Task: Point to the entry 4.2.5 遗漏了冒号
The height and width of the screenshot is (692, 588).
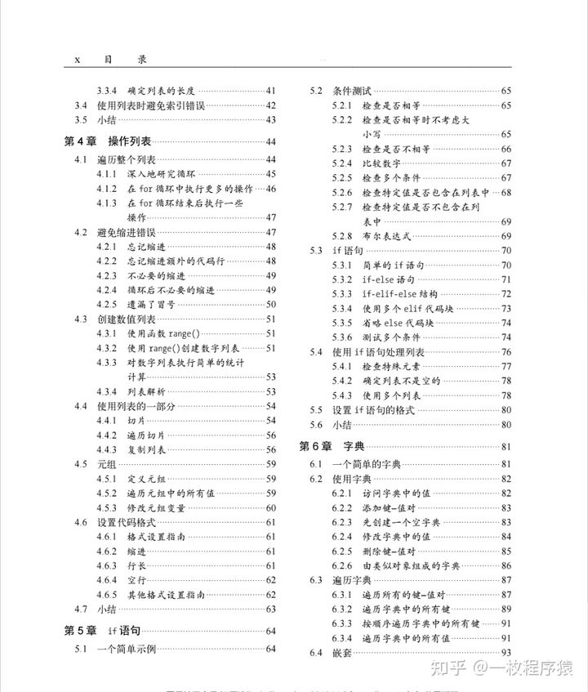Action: tap(151, 303)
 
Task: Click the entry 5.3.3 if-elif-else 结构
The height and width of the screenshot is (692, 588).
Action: tap(399, 293)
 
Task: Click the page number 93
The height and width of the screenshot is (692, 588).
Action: tap(506, 653)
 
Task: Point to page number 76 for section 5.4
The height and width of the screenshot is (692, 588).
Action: tap(506, 351)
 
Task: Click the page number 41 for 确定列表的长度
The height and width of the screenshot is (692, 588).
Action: tap(271, 91)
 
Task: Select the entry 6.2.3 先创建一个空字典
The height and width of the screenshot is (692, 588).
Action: tap(401, 522)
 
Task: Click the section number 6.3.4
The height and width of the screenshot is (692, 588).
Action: tap(341, 637)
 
